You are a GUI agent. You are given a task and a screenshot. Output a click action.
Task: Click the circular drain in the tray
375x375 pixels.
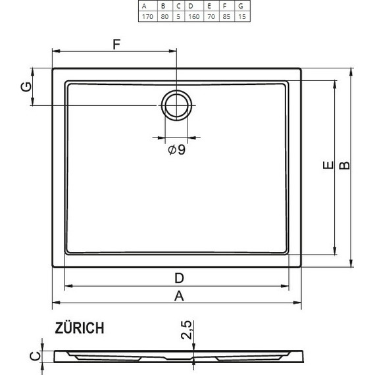[x=176, y=105]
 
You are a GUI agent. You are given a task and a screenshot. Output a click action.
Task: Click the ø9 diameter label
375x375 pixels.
[x=176, y=150]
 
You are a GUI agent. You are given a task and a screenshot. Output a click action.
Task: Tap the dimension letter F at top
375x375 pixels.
[x=116, y=45]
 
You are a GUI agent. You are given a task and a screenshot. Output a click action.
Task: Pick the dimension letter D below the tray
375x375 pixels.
[x=178, y=276]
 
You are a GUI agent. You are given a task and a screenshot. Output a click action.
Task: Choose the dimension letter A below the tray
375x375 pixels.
[x=178, y=295]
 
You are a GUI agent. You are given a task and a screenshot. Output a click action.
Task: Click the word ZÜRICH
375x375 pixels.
[x=79, y=328]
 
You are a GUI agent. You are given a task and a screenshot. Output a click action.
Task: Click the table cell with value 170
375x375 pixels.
[x=147, y=16]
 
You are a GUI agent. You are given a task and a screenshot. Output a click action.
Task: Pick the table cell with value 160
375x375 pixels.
[x=193, y=16]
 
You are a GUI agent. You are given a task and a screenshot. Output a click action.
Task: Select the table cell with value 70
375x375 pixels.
[x=209, y=16]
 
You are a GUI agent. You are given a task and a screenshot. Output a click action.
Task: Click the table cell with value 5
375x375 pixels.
[x=178, y=16]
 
